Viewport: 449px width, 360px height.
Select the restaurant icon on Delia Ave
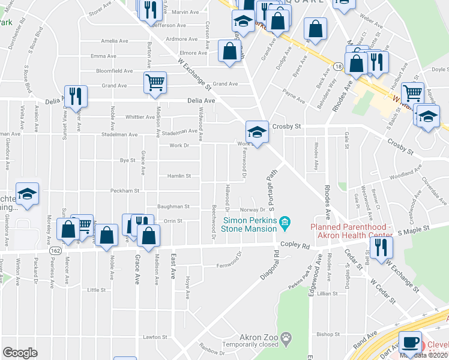pyautogui.click(x=76, y=96)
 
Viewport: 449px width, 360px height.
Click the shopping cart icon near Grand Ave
pyautogui.click(x=155, y=82)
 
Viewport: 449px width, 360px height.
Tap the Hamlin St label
pyautogui.click(x=179, y=176)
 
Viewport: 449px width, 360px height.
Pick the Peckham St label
pyautogui.click(x=124, y=191)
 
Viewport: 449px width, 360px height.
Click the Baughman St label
pyautogui.click(x=173, y=206)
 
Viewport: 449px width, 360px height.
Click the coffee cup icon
pyautogui.click(x=411, y=341)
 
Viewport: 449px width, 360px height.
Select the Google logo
pyautogui.click(x=20, y=353)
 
